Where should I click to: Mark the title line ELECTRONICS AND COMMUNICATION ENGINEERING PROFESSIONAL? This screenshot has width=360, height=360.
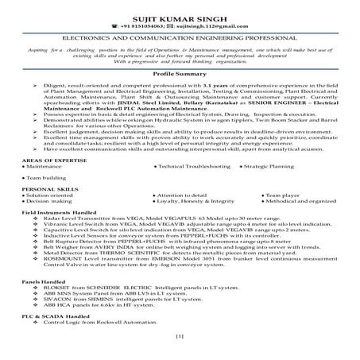180,37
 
